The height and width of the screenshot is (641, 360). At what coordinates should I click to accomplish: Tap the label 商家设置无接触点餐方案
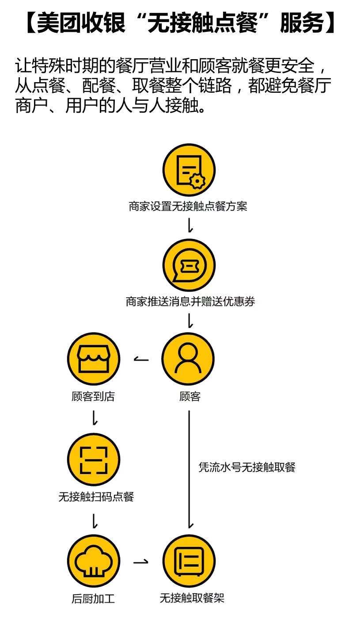point(188,206)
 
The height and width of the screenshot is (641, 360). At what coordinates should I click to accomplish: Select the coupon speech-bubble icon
point(189,265)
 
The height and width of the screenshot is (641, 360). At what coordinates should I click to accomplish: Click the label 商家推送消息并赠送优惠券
point(190,302)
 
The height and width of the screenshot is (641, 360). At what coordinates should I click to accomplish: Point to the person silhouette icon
point(188,359)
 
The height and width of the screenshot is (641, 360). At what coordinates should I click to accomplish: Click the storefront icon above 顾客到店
point(93,359)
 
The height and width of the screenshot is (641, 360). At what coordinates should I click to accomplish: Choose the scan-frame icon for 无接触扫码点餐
point(93,459)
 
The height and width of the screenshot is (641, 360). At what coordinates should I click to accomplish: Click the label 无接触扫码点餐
point(96,497)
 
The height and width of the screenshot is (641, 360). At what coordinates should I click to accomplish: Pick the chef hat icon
point(93,561)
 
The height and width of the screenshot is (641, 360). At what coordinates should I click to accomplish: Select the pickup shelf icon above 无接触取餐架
point(189,561)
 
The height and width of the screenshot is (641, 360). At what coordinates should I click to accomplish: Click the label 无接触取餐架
point(192,598)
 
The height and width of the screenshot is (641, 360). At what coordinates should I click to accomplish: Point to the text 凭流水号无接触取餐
point(246,467)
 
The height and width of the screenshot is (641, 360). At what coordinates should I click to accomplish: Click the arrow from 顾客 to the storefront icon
point(141,359)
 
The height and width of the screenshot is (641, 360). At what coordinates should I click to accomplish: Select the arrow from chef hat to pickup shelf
point(141,562)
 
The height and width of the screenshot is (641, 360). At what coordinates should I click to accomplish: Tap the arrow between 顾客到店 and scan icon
point(94,417)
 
